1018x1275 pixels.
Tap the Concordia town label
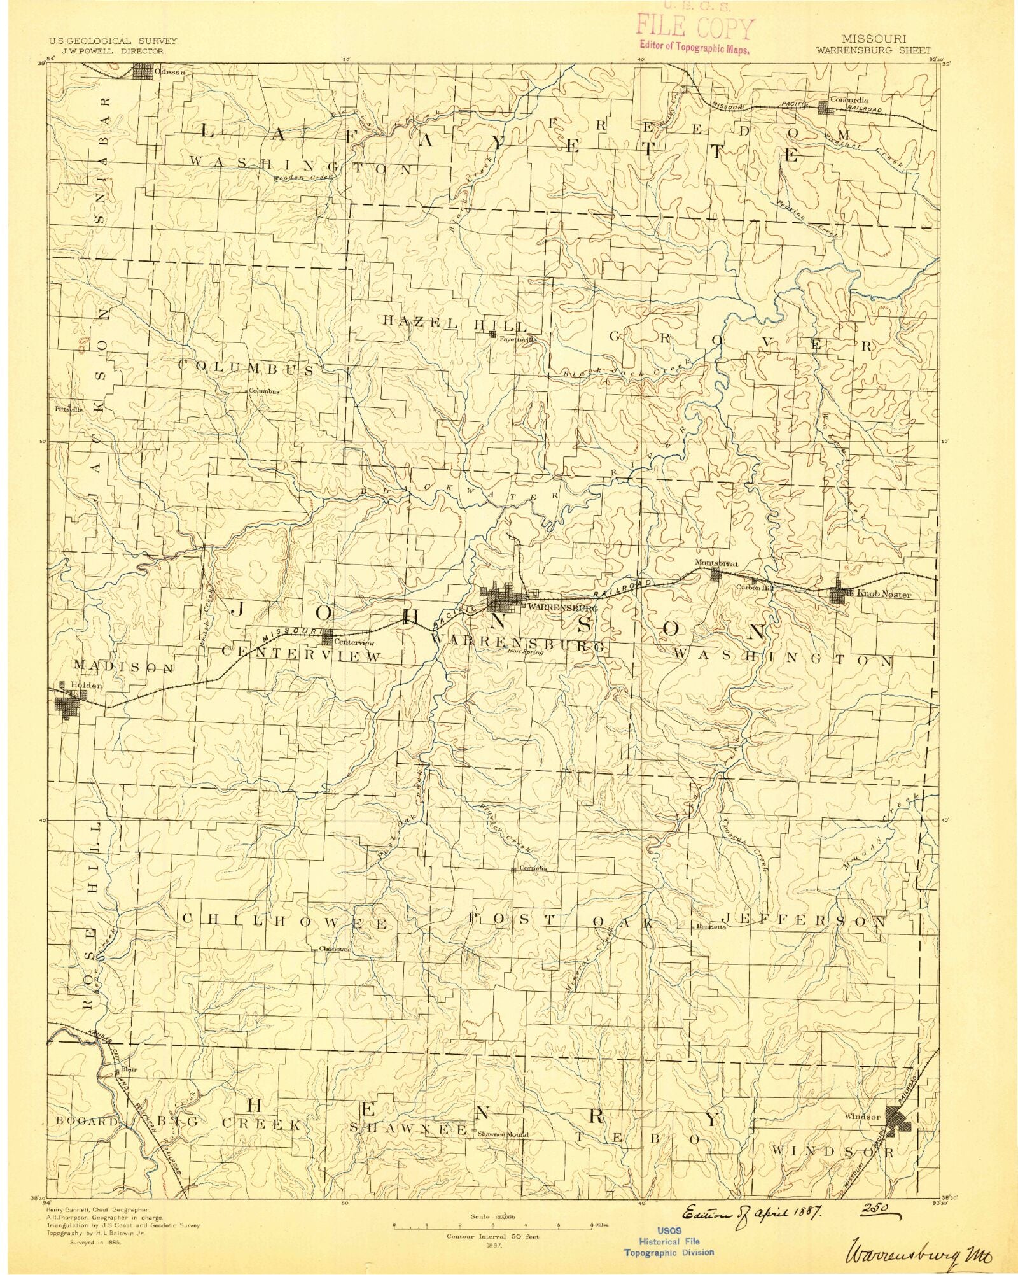point(849,100)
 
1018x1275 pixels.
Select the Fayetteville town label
point(519,340)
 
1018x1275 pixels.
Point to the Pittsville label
point(69,410)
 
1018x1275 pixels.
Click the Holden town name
point(87,685)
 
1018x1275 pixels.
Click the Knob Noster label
point(884,595)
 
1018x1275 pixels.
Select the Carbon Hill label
point(755,588)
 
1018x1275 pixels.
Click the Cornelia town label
point(533,868)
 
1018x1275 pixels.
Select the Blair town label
point(129,1070)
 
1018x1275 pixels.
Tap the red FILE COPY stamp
point(695,30)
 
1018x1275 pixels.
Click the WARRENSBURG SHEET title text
point(874,50)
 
